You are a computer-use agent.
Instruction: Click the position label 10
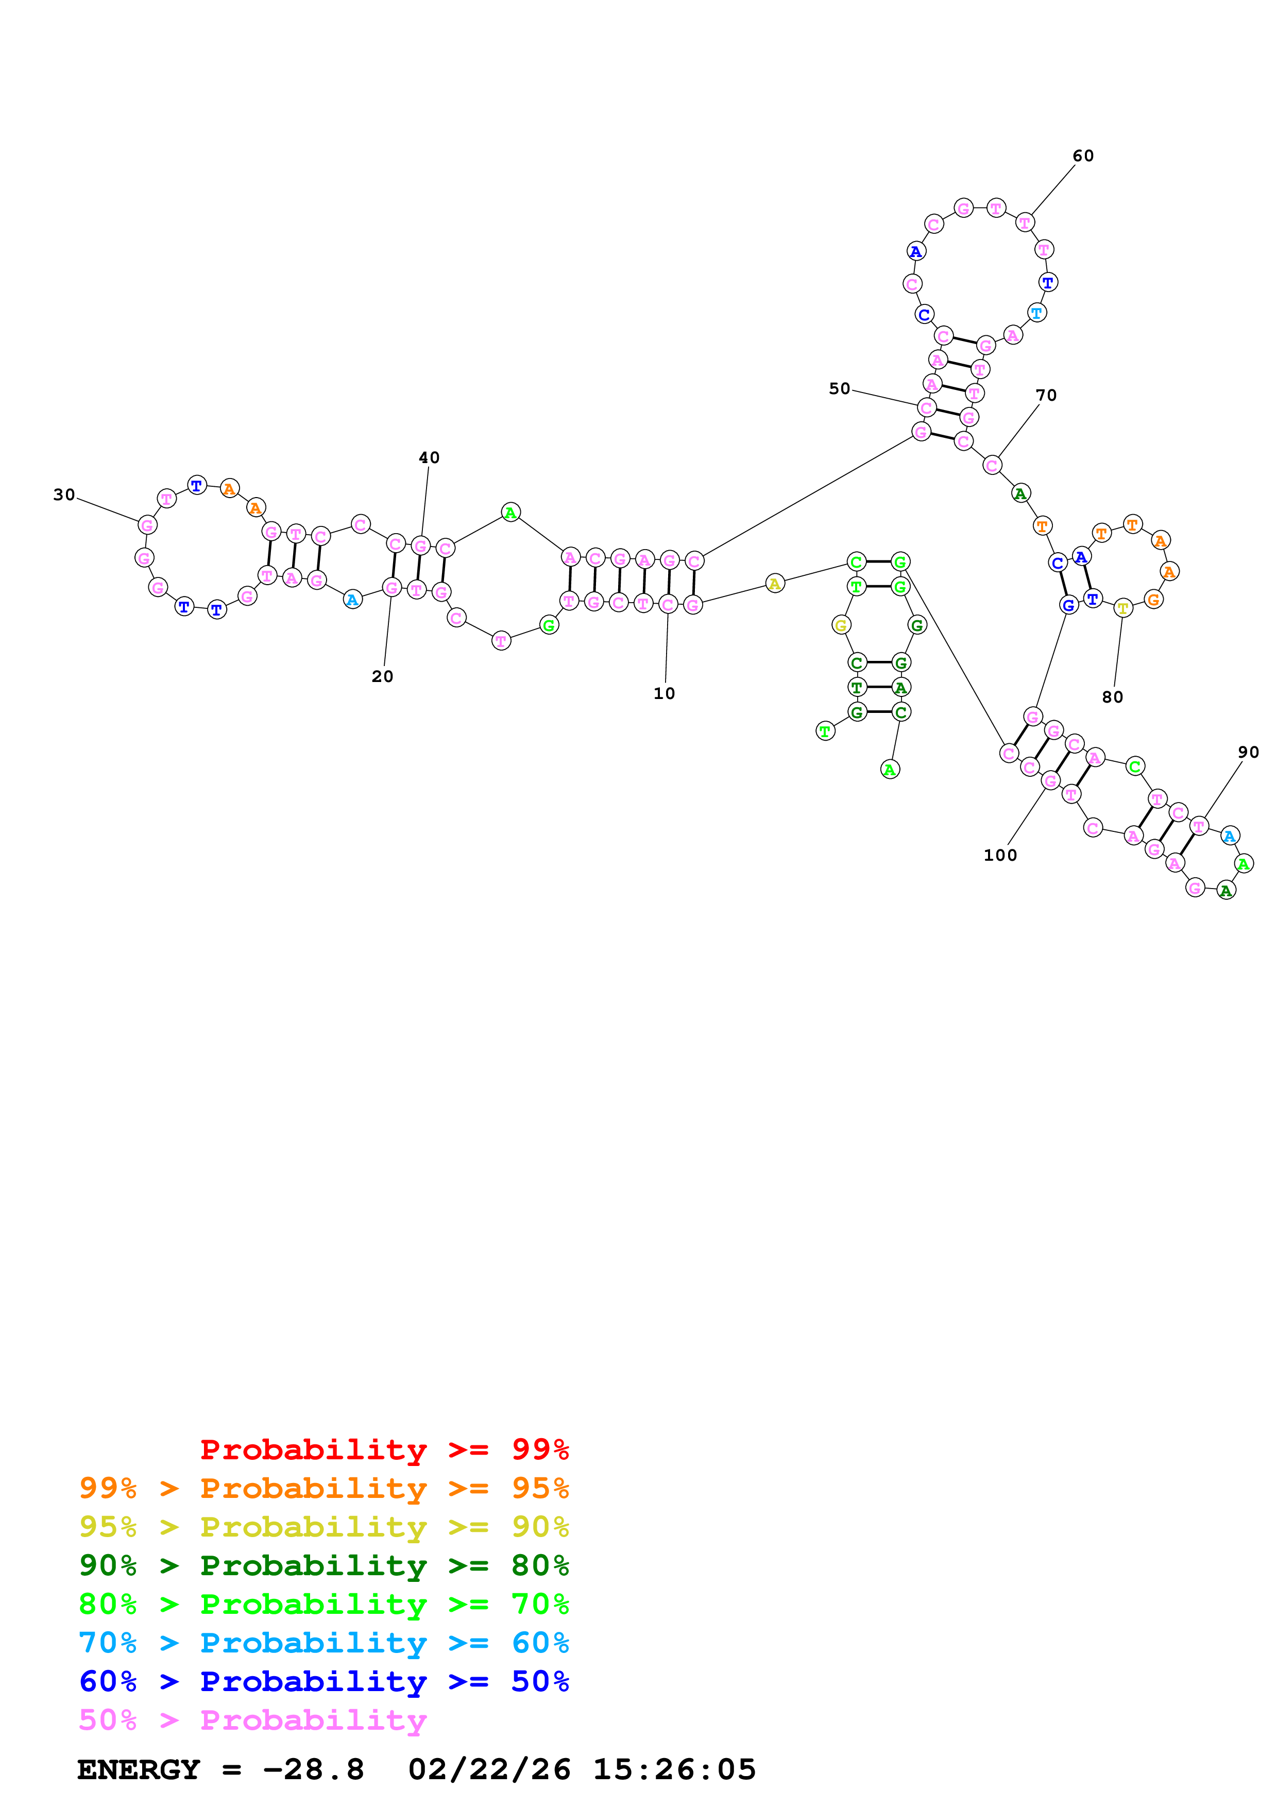(664, 693)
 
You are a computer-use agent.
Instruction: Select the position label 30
(64, 495)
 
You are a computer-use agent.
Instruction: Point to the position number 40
(429, 457)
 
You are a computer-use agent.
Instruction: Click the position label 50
(840, 389)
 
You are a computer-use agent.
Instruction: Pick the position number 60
(1083, 156)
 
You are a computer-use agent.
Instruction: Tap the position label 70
(1046, 395)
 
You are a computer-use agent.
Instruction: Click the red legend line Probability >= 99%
(384, 1449)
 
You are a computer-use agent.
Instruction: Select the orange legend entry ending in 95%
(323, 1488)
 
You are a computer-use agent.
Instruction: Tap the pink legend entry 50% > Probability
(252, 1719)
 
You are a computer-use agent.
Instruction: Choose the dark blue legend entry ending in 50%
(323, 1681)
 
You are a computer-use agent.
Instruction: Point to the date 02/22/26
(489, 1769)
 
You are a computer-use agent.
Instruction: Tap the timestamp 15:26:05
(674, 1769)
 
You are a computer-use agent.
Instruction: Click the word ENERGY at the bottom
(139, 1769)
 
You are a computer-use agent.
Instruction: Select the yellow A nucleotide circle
(775, 583)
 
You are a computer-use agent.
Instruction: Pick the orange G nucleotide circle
(1153, 599)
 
